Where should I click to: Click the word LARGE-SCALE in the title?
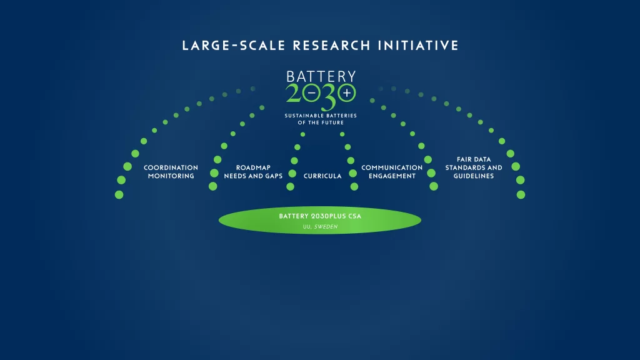click(x=234, y=45)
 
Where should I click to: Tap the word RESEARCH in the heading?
click(x=332, y=45)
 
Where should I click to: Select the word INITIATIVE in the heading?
click(x=418, y=45)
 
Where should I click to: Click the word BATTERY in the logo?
click(x=321, y=77)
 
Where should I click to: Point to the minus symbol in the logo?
click(x=311, y=93)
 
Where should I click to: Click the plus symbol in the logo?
click(x=347, y=93)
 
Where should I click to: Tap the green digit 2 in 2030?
click(x=294, y=93)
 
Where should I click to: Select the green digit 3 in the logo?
click(x=329, y=97)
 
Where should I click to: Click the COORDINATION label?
click(x=171, y=167)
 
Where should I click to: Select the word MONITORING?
click(x=171, y=176)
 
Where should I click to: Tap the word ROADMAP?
click(x=253, y=167)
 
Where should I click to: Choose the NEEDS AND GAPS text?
click(x=253, y=176)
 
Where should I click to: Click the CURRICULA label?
click(x=322, y=176)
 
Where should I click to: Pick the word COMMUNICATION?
click(x=392, y=167)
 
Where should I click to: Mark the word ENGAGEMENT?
click(x=392, y=176)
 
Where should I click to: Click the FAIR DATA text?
click(x=474, y=159)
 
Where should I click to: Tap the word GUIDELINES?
click(x=474, y=176)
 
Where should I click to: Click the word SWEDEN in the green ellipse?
click(x=326, y=227)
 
